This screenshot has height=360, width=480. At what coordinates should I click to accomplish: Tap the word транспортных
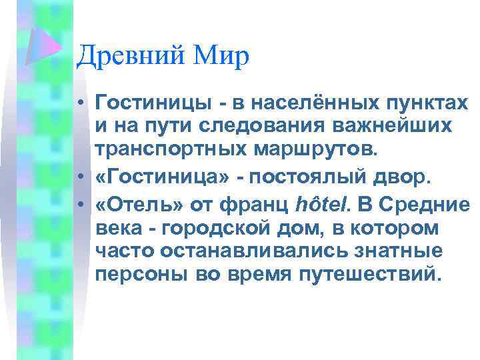pyautogui.click(x=173, y=148)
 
